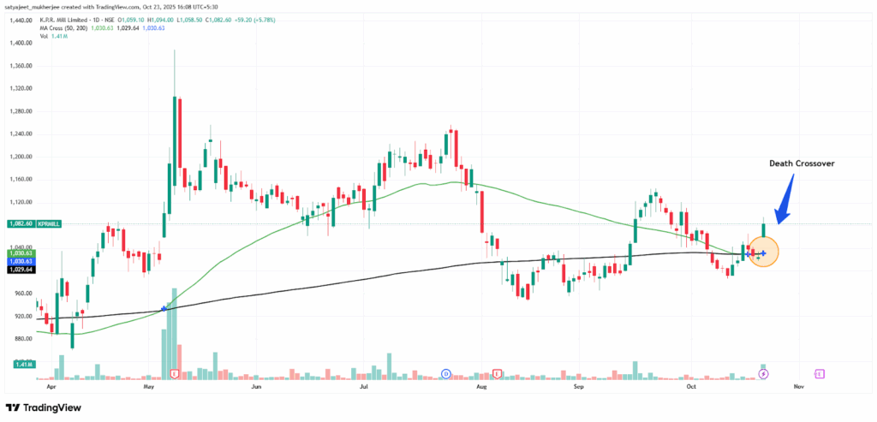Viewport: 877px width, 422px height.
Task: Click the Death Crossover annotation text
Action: (x=800, y=163)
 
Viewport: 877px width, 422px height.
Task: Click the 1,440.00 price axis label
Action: (x=19, y=20)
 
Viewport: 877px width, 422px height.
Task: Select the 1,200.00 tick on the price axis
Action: (x=19, y=157)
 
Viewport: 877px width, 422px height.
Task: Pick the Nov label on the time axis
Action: (x=798, y=387)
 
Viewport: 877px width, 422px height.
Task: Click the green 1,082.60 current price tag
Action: (x=19, y=223)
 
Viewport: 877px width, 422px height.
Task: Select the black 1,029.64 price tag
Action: (x=19, y=269)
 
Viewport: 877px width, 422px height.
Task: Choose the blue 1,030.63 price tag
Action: (x=19, y=261)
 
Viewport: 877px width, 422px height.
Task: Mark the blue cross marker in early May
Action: (x=164, y=308)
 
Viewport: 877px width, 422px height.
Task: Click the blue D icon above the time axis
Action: (x=446, y=374)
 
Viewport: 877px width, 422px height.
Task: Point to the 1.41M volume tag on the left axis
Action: (x=19, y=365)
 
